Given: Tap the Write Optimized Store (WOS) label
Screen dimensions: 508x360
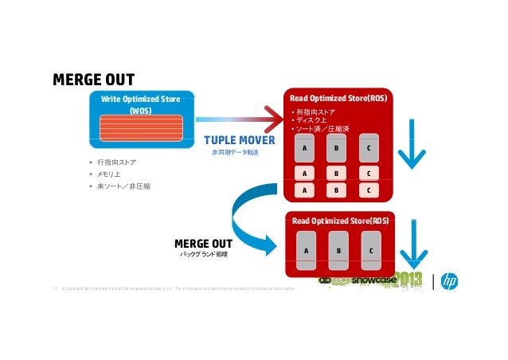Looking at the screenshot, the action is pyautogui.click(x=140, y=104).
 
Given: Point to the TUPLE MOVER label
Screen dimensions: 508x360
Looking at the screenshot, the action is pyautogui.click(x=239, y=141).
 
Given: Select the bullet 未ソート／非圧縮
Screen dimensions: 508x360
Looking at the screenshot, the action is pyautogui.click(x=123, y=186).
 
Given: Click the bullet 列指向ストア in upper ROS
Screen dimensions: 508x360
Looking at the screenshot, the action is pyautogui.click(x=315, y=112).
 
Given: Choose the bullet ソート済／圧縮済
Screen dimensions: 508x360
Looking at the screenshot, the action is pyautogui.click(x=322, y=130).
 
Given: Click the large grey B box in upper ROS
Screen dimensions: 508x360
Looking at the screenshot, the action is pyautogui.click(x=336, y=148).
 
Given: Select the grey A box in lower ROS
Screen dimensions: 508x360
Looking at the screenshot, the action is pyautogui.click(x=306, y=250).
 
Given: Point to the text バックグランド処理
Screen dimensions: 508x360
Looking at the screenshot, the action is pyautogui.click(x=204, y=254).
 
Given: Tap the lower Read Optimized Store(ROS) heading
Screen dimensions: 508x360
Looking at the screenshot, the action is pyautogui.click(x=340, y=220).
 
